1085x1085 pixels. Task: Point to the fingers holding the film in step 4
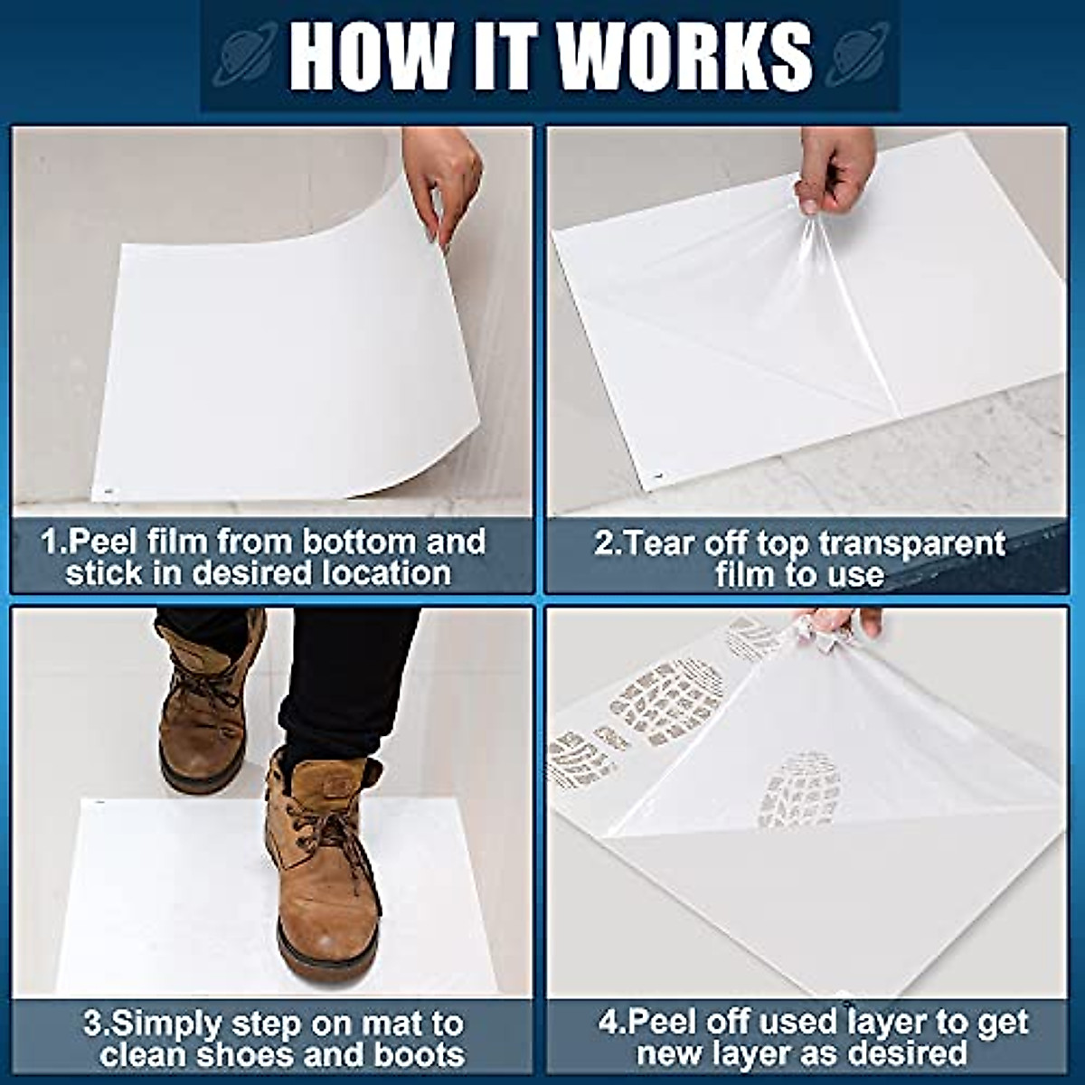(836, 624)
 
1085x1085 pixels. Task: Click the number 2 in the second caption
(602, 543)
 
